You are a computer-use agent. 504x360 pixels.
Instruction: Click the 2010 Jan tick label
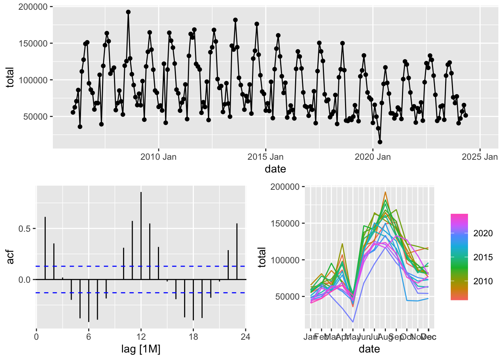click(158, 157)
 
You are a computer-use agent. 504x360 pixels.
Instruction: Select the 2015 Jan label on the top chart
click(265, 157)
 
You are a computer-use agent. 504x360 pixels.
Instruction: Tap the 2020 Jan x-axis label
click(372, 157)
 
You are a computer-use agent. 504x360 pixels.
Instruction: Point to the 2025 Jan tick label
click(480, 157)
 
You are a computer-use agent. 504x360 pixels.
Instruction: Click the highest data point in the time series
click(128, 12)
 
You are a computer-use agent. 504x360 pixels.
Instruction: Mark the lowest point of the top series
click(380, 142)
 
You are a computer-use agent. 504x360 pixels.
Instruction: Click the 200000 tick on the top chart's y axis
click(33, 7)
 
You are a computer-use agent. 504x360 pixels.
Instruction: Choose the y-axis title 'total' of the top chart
click(10, 77)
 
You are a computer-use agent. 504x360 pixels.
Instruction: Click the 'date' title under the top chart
click(275, 169)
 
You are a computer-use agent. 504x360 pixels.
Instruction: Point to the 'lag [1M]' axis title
click(141, 349)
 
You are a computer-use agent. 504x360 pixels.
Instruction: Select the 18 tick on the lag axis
click(193, 337)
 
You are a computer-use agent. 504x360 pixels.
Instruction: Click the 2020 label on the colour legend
click(483, 233)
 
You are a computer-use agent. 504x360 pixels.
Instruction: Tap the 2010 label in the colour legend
click(483, 281)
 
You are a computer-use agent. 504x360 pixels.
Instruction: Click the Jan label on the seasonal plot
click(310, 337)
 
